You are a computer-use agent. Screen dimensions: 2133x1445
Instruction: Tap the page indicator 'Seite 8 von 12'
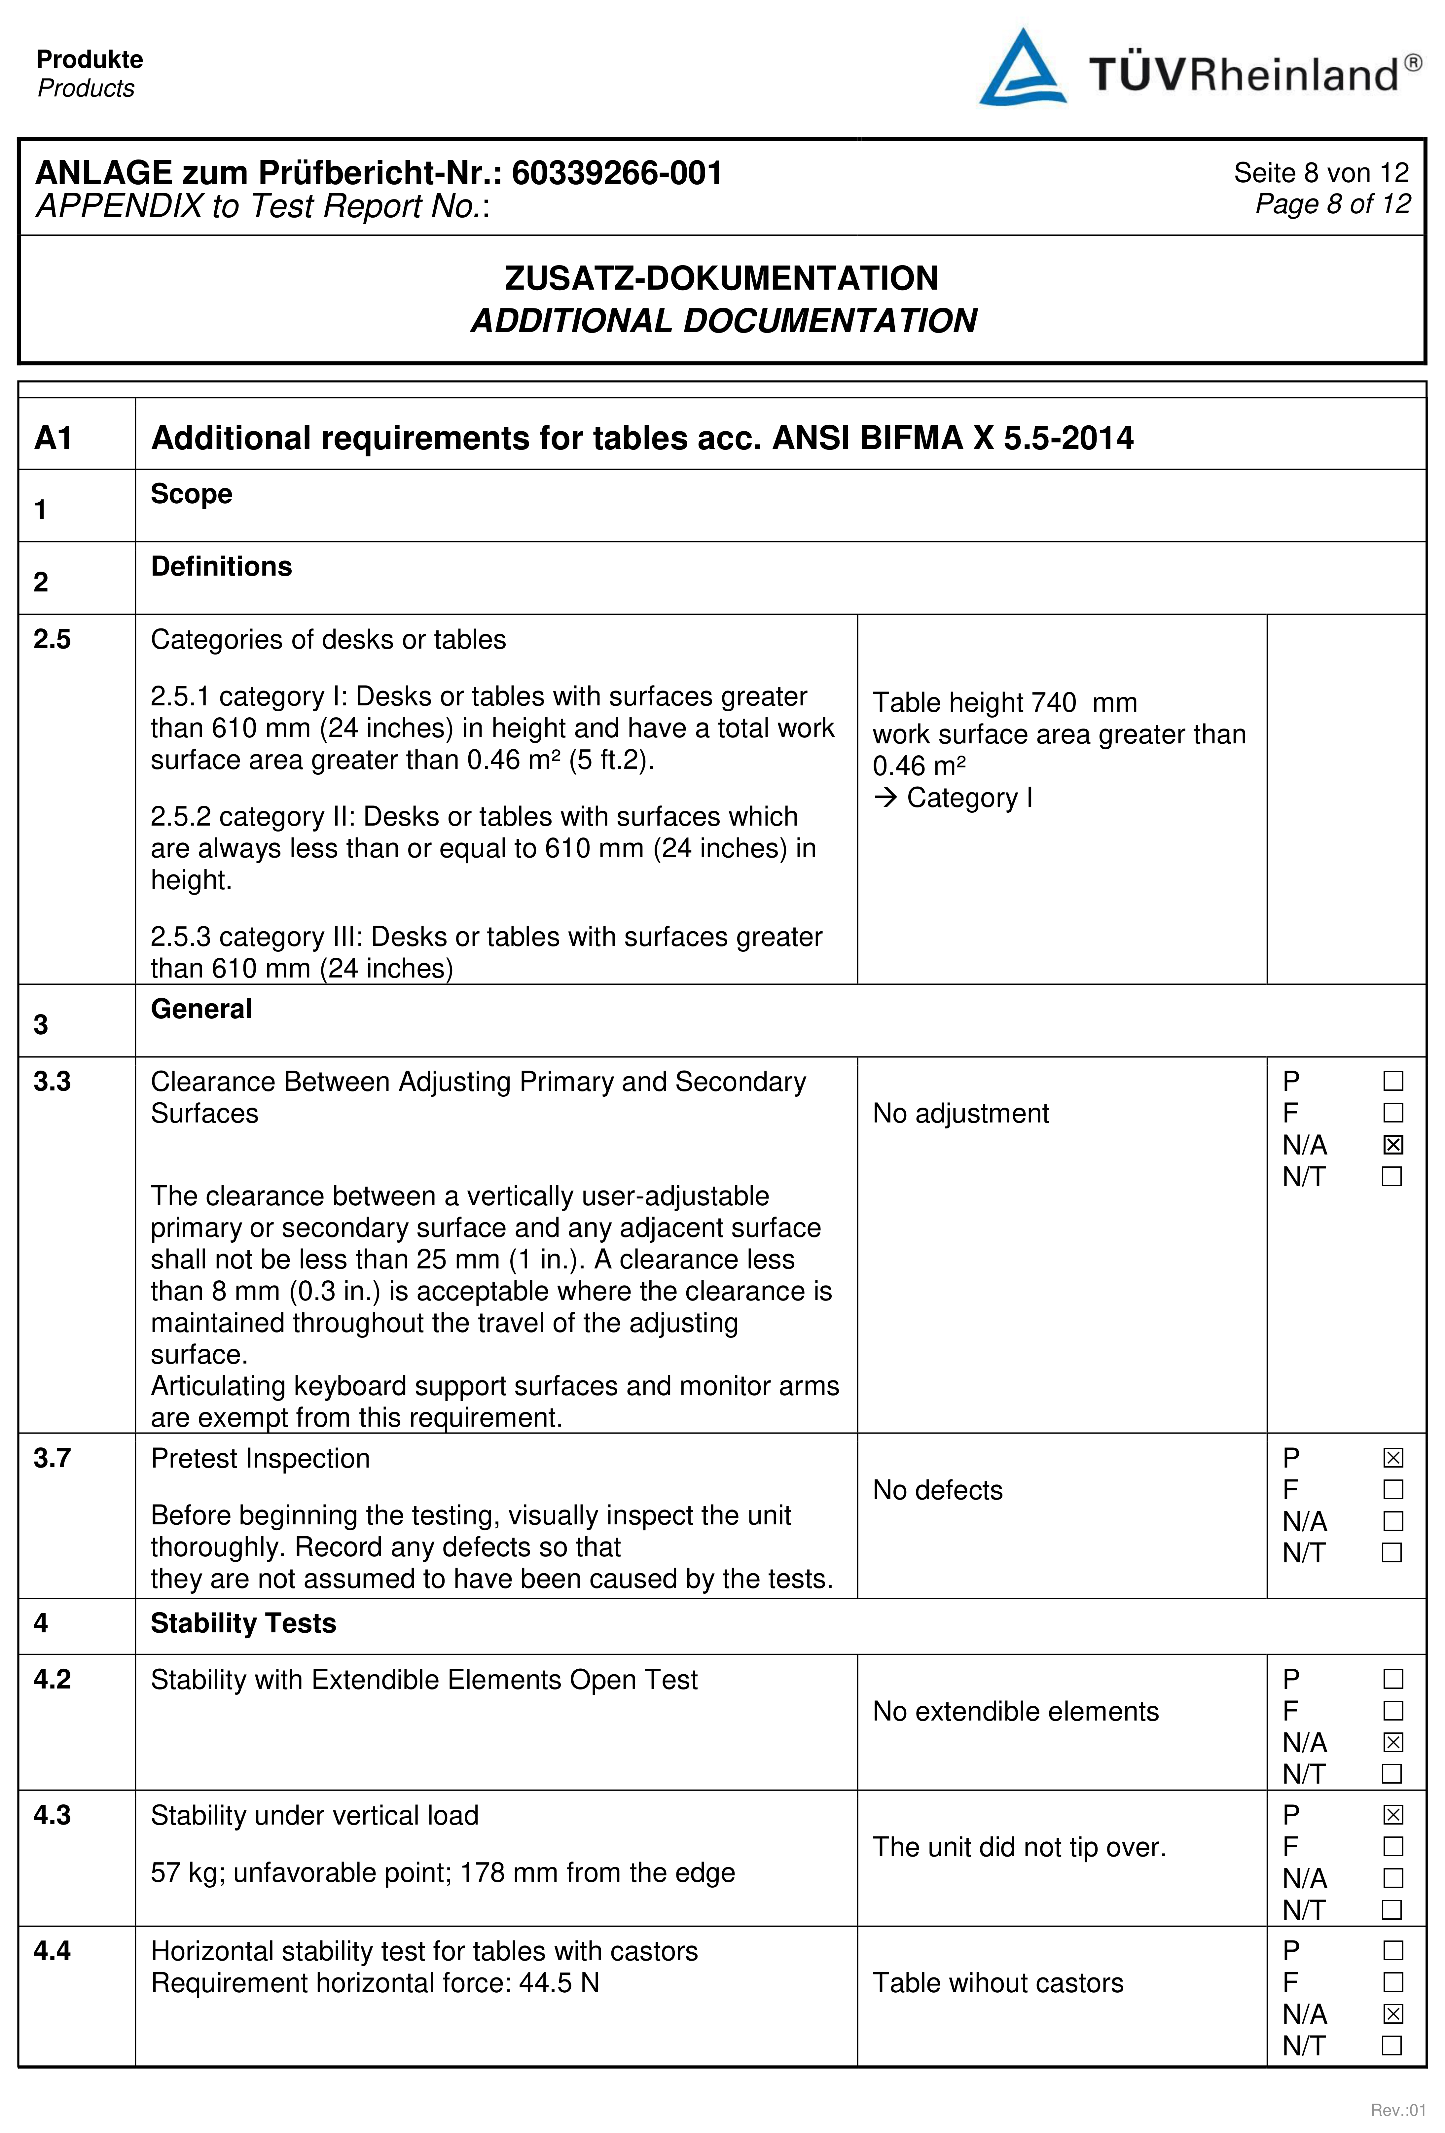(x=1320, y=173)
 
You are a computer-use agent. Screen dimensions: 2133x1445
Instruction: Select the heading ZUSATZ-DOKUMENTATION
(x=722, y=278)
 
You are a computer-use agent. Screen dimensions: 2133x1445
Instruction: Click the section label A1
(x=53, y=438)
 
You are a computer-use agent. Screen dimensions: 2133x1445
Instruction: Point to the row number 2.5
(x=52, y=639)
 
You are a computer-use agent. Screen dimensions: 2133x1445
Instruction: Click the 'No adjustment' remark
(x=960, y=1113)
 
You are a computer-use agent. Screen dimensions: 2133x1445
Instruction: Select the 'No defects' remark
(x=937, y=1490)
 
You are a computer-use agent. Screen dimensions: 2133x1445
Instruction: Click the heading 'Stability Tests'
(x=243, y=1623)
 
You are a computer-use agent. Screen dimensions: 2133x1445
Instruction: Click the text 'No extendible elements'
(x=1015, y=1711)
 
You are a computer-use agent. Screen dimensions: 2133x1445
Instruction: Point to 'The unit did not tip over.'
(x=1019, y=1847)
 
